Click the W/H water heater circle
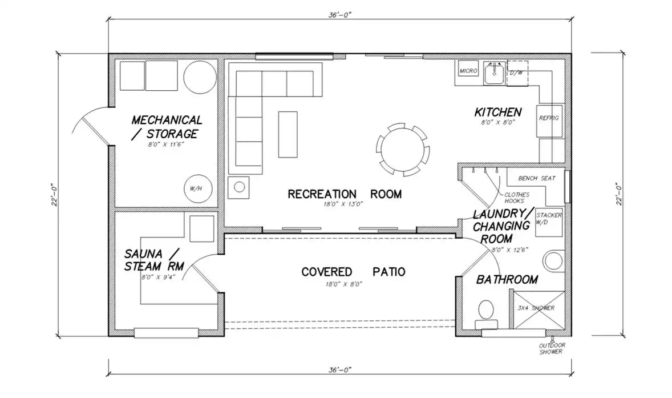(197, 188)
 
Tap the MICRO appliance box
(468, 71)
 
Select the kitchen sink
(495, 73)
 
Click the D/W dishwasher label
(516, 73)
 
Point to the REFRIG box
(549, 121)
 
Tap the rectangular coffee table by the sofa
(288, 134)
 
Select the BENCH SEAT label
(537, 178)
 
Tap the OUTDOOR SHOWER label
(552, 348)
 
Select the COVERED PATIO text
(353, 271)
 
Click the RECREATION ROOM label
(345, 194)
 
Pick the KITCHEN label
(497, 112)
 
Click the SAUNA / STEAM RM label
(154, 260)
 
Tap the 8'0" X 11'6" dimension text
(166, 144)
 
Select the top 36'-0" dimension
(340, 15)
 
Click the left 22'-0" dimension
(54, 195)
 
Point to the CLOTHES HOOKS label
(517, 198)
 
